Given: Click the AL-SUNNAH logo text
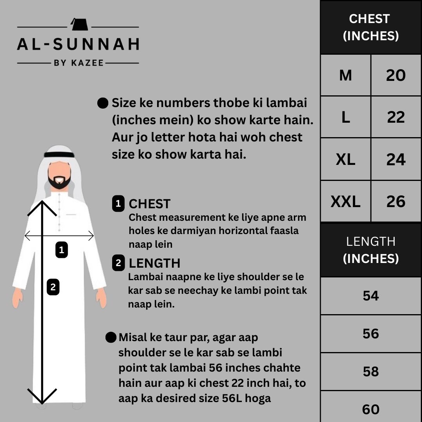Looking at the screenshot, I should tap(78, 44).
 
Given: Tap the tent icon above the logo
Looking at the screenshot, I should tap(77, 25).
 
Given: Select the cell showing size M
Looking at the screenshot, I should tap(345, 75).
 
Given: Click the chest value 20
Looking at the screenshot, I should tap(396, 75).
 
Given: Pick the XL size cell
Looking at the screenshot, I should tap(345, 159).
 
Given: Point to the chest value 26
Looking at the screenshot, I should tap(396, 202).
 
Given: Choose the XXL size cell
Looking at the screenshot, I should tap(345, 202).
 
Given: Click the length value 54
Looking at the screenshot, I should tap(371, 296).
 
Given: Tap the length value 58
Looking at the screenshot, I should tap(371, 371).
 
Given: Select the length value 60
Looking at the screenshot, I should tap(371, 409).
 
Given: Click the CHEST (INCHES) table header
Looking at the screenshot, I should tap(371, 27).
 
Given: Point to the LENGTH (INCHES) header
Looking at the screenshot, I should tap(371, 250).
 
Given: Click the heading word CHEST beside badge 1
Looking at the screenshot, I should tap(150, 204).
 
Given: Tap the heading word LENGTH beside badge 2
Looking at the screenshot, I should tap(155, 263).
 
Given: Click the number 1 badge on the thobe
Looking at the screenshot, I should tap(61, 250).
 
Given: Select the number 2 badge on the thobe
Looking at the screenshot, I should tap(53, 288).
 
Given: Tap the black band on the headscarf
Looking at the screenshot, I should tap(59, 155).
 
